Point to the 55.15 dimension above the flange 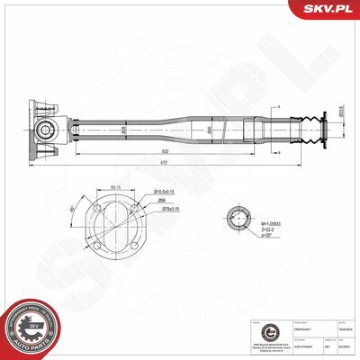pos(115,187)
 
